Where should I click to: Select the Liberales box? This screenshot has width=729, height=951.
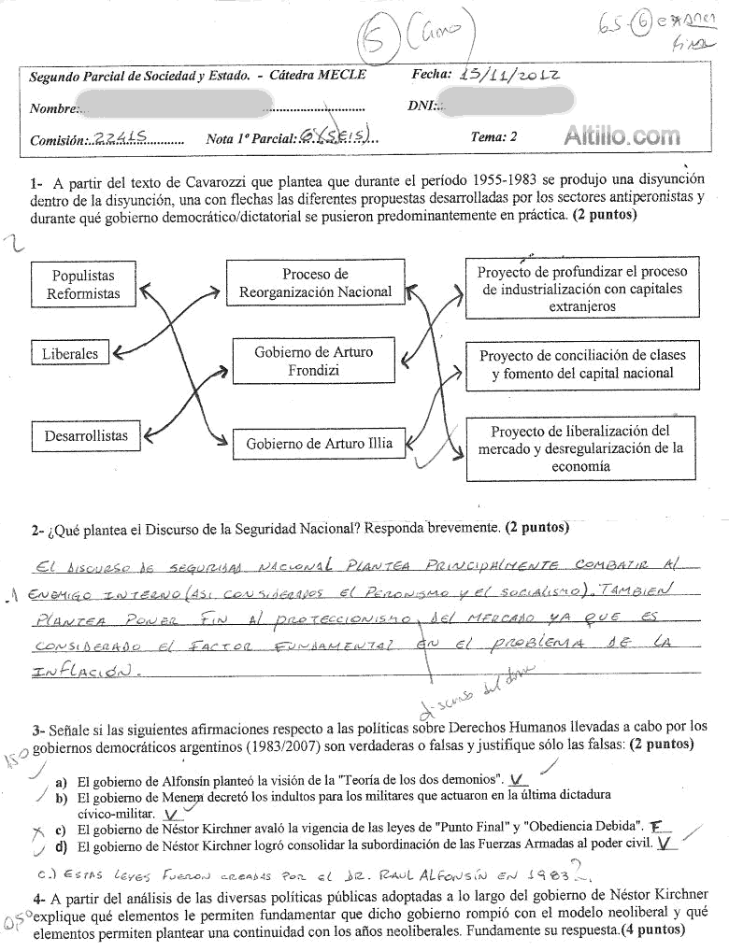69,354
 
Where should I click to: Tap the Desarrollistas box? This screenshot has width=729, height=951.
86,435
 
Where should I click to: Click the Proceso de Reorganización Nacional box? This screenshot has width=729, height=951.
315,283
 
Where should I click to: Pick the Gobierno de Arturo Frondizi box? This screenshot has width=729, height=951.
313,362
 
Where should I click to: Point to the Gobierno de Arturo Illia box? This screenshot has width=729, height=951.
319,443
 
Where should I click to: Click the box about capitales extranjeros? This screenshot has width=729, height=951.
581,289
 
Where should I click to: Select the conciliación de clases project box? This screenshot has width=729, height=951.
582,364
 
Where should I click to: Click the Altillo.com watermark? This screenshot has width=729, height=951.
622,137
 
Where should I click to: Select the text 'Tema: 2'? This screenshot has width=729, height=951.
494,136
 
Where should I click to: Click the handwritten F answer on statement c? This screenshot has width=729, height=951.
657,826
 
